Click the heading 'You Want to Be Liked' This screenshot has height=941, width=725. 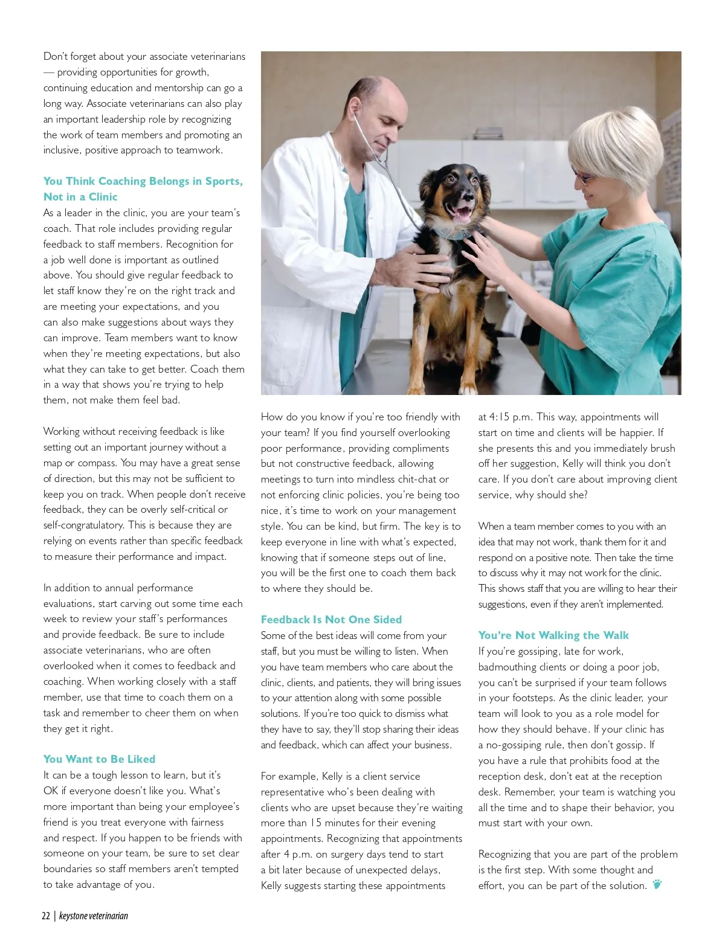(x=99, y=759)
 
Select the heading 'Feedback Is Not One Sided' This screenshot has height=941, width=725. (x=331, y=620)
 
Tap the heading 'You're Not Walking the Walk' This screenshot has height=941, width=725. (x=553, y=635)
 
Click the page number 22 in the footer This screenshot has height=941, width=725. (x=46, y=916)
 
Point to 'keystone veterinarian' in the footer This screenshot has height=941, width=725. (x=94, y=916)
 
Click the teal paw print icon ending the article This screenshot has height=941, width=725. (x=657, y=885)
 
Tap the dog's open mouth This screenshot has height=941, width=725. (x=465, y=211)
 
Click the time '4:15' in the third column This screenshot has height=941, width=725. (x=499, y=417)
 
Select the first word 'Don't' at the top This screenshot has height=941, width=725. (x=55, y=56)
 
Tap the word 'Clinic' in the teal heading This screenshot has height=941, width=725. (x=103, y=197)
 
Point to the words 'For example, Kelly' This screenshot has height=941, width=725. (x=302, y=776)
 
